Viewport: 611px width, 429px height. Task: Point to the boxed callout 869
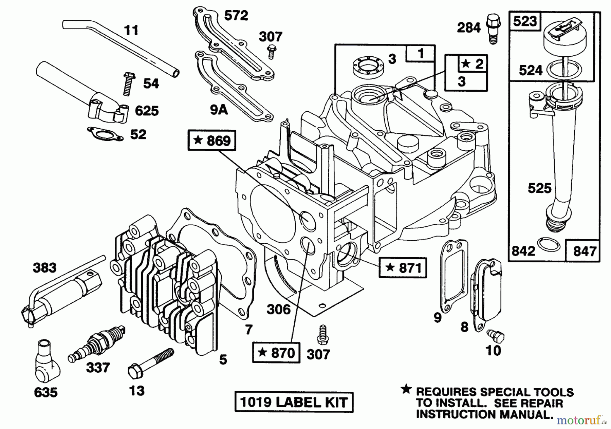coord(212,141)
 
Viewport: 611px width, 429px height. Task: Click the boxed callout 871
coord(403,268)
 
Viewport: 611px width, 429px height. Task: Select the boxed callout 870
coord(276,353)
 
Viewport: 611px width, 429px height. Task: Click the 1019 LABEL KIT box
coord(294,402)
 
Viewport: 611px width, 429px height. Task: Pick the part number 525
coord(539,188)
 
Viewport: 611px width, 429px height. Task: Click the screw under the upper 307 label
coord(271,52)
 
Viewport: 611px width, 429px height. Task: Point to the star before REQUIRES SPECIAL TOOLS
coord(406,390)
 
